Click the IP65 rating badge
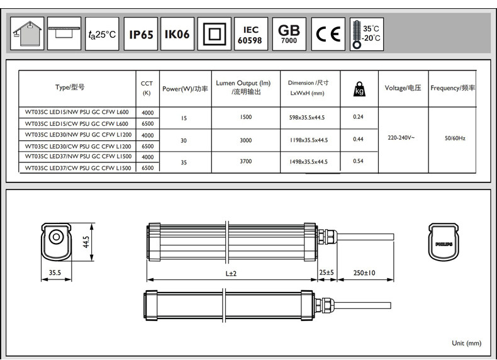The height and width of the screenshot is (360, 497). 141,34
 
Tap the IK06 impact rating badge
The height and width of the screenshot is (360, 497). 177,34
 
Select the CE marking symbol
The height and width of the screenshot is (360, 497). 328,34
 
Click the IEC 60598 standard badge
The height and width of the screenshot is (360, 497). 251,34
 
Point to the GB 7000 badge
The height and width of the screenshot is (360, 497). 289,34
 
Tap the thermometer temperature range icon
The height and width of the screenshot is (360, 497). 367,34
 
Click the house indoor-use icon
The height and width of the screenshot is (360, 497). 27,33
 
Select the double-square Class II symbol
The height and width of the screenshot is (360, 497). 215,34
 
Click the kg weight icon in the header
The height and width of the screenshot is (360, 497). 359,89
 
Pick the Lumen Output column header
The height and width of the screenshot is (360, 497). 243,87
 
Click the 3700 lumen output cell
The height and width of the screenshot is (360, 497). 245,162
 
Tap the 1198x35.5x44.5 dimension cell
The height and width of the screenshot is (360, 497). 308,140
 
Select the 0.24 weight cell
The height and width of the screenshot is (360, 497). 358,116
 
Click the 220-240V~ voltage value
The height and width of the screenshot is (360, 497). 401,138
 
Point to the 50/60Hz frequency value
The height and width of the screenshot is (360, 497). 455,138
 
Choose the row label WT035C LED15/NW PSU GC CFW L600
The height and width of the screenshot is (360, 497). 77,112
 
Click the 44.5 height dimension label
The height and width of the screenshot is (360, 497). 86,242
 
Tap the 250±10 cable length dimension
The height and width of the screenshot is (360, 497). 364,273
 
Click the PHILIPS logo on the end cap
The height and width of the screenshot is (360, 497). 444,244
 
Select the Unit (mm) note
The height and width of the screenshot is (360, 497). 467,343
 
